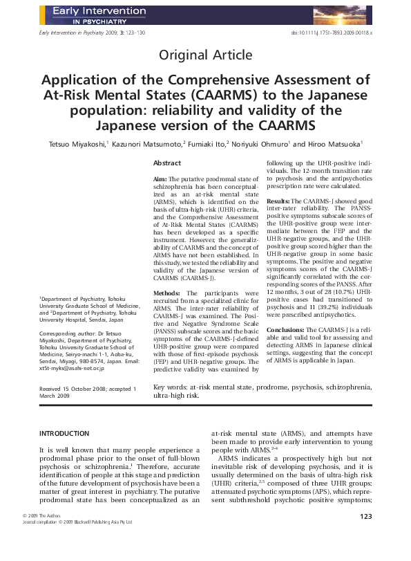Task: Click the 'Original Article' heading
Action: point(206,55)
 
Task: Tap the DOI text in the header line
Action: point(332,33)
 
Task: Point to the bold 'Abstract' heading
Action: point(167,163)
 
